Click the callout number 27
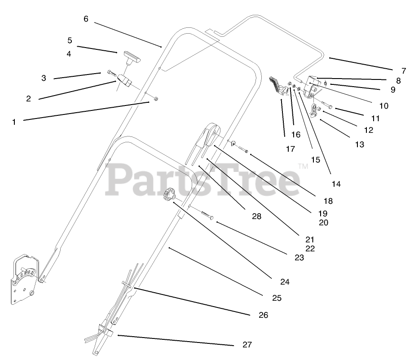pyautogui.click(x=247, y=345)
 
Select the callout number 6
pyautogui.click(x=86, y=19)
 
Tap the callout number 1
pyautogui.click(x=14, y=122)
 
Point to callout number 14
pyautogui.click(x=336, y=184)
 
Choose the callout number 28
pyautogui.click(x=256, y=216)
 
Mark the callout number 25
pyautogui.click(x=277, y=298)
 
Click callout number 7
pyautogui.click(x=404, y=70)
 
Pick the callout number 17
pyautogui.click(x=291, y=149)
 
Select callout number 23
pyautogui.click(x=299, y=258)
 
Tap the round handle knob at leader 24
pyautogui.click(x=169, y=194)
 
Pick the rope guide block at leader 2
pyautogui.click(x=124, y=81)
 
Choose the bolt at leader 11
pyautogui.click(x=327, y=107)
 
